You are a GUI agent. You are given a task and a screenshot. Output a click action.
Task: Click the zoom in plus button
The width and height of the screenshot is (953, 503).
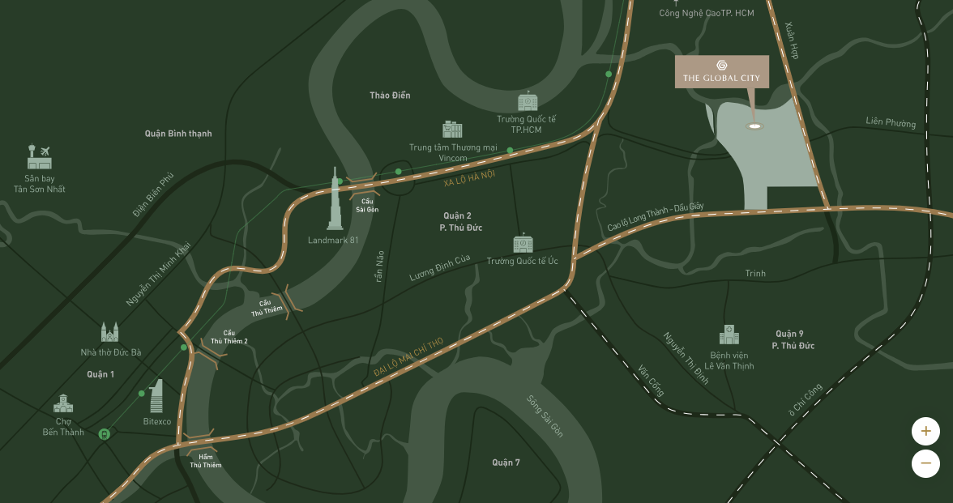click(x=925, y=430)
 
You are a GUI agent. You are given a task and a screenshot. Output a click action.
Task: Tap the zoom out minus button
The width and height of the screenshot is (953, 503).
click(x=925, y=464)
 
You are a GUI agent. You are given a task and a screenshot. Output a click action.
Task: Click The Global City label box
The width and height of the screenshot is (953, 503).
click(x=722, y=71)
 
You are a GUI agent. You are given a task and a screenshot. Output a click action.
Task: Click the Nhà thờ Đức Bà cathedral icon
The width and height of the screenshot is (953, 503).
click(x=109, y=332)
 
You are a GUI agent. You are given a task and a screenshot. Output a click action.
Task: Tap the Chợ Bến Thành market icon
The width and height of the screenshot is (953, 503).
click(x=63, y=403)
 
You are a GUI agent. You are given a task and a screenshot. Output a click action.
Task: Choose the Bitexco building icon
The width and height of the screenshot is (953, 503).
click(x=156, y=396)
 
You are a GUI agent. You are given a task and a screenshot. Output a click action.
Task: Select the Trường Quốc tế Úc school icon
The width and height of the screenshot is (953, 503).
click(x=523, y=243)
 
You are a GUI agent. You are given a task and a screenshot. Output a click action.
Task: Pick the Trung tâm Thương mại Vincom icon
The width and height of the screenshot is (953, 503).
click(x=452, y=129)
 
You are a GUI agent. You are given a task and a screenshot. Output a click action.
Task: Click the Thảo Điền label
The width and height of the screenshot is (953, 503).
click(x=390, y=96)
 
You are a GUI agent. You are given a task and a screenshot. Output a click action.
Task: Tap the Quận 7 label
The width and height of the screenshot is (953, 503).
click(x=506, y=463)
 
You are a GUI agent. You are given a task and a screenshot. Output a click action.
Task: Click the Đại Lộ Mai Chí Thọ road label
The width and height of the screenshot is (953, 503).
click(x=408, y=356)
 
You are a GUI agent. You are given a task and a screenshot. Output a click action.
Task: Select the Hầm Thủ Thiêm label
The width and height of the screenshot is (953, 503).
click(x=205, y=461)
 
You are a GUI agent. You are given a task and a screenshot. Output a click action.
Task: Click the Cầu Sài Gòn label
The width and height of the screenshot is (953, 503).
click(x=367, y=205)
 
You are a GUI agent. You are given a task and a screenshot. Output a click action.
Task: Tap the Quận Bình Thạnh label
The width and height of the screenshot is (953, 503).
click(x=178, y=133)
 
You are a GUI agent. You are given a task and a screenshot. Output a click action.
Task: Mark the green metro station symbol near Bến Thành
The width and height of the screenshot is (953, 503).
click(x=105, y=434)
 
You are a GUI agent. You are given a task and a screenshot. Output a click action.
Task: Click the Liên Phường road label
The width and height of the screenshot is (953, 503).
click(x=891, y=122)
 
